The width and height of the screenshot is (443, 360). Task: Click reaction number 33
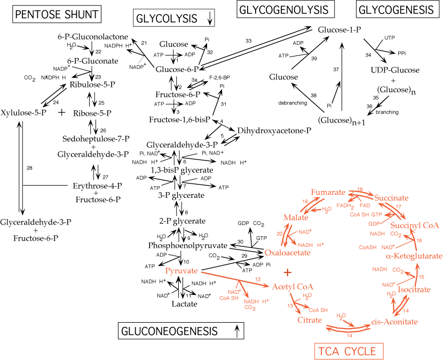point(248,41)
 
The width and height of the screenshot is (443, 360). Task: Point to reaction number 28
point(29,168)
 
